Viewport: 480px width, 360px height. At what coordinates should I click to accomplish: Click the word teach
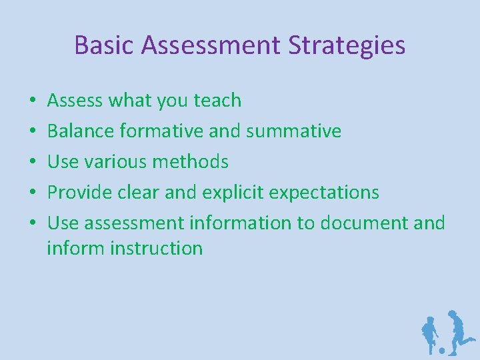[x=217, y=101]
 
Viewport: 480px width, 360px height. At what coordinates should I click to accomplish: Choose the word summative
[x=293, y=131]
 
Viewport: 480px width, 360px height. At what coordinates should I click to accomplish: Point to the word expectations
[x=323, y=193]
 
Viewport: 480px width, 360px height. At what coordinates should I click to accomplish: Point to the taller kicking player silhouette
[x=458, y=329]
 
